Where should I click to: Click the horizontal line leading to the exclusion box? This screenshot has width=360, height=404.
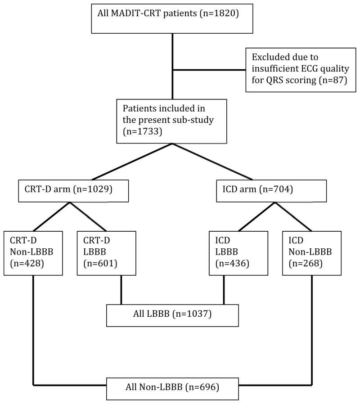coord(209,70)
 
